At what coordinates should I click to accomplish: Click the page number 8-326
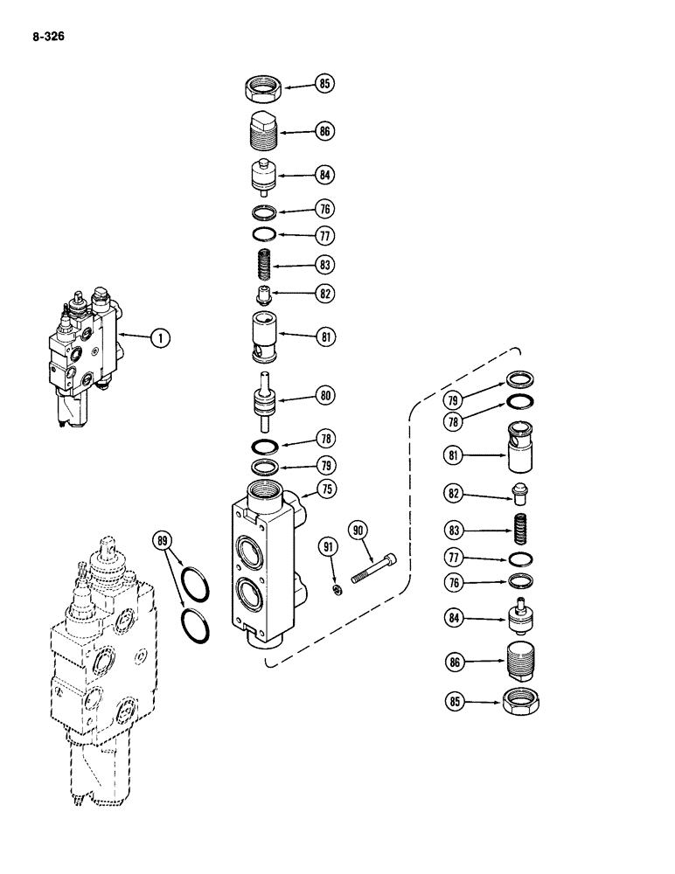click(x=48, y=38)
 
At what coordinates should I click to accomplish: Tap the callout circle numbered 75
click(x=325, y=489)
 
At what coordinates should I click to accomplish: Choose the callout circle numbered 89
click(x=163, y=539)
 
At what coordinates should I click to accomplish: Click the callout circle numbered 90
click(x=357, y=530)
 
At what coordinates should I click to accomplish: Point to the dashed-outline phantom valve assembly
click(x=98, y=673)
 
